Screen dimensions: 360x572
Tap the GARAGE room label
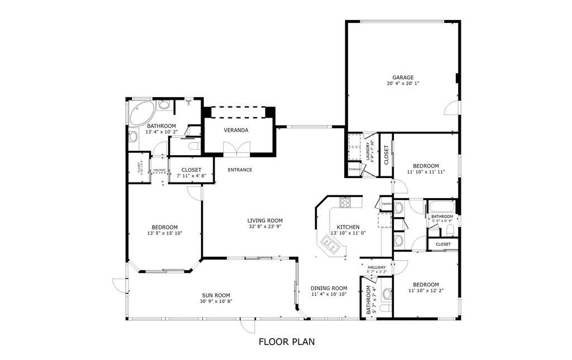pos(402,78)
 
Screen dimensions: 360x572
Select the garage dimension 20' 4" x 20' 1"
pos(402,84)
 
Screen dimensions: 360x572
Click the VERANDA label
pos(236,130)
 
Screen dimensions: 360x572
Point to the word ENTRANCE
pos(240,170)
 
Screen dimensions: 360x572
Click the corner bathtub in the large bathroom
pos(139,112)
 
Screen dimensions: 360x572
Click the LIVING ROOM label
pos(265,220)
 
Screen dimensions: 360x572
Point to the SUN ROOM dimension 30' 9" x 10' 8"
pos(216,301)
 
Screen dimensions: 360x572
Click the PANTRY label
pos(386,204)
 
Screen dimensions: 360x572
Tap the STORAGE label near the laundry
pos(354,169)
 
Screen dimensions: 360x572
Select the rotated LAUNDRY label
pos(369,151)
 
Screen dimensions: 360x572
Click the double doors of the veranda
pos(236,148)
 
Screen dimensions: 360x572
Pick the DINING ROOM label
pos(329,288)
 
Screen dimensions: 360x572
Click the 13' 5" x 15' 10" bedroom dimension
pos(164,233)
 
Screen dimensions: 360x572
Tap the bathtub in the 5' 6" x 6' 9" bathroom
pos(442,207)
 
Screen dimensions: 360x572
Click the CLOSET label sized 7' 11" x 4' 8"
pos(191,170)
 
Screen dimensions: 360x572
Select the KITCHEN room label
pos(348,227)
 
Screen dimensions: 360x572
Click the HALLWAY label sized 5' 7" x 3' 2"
pos(376,267)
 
